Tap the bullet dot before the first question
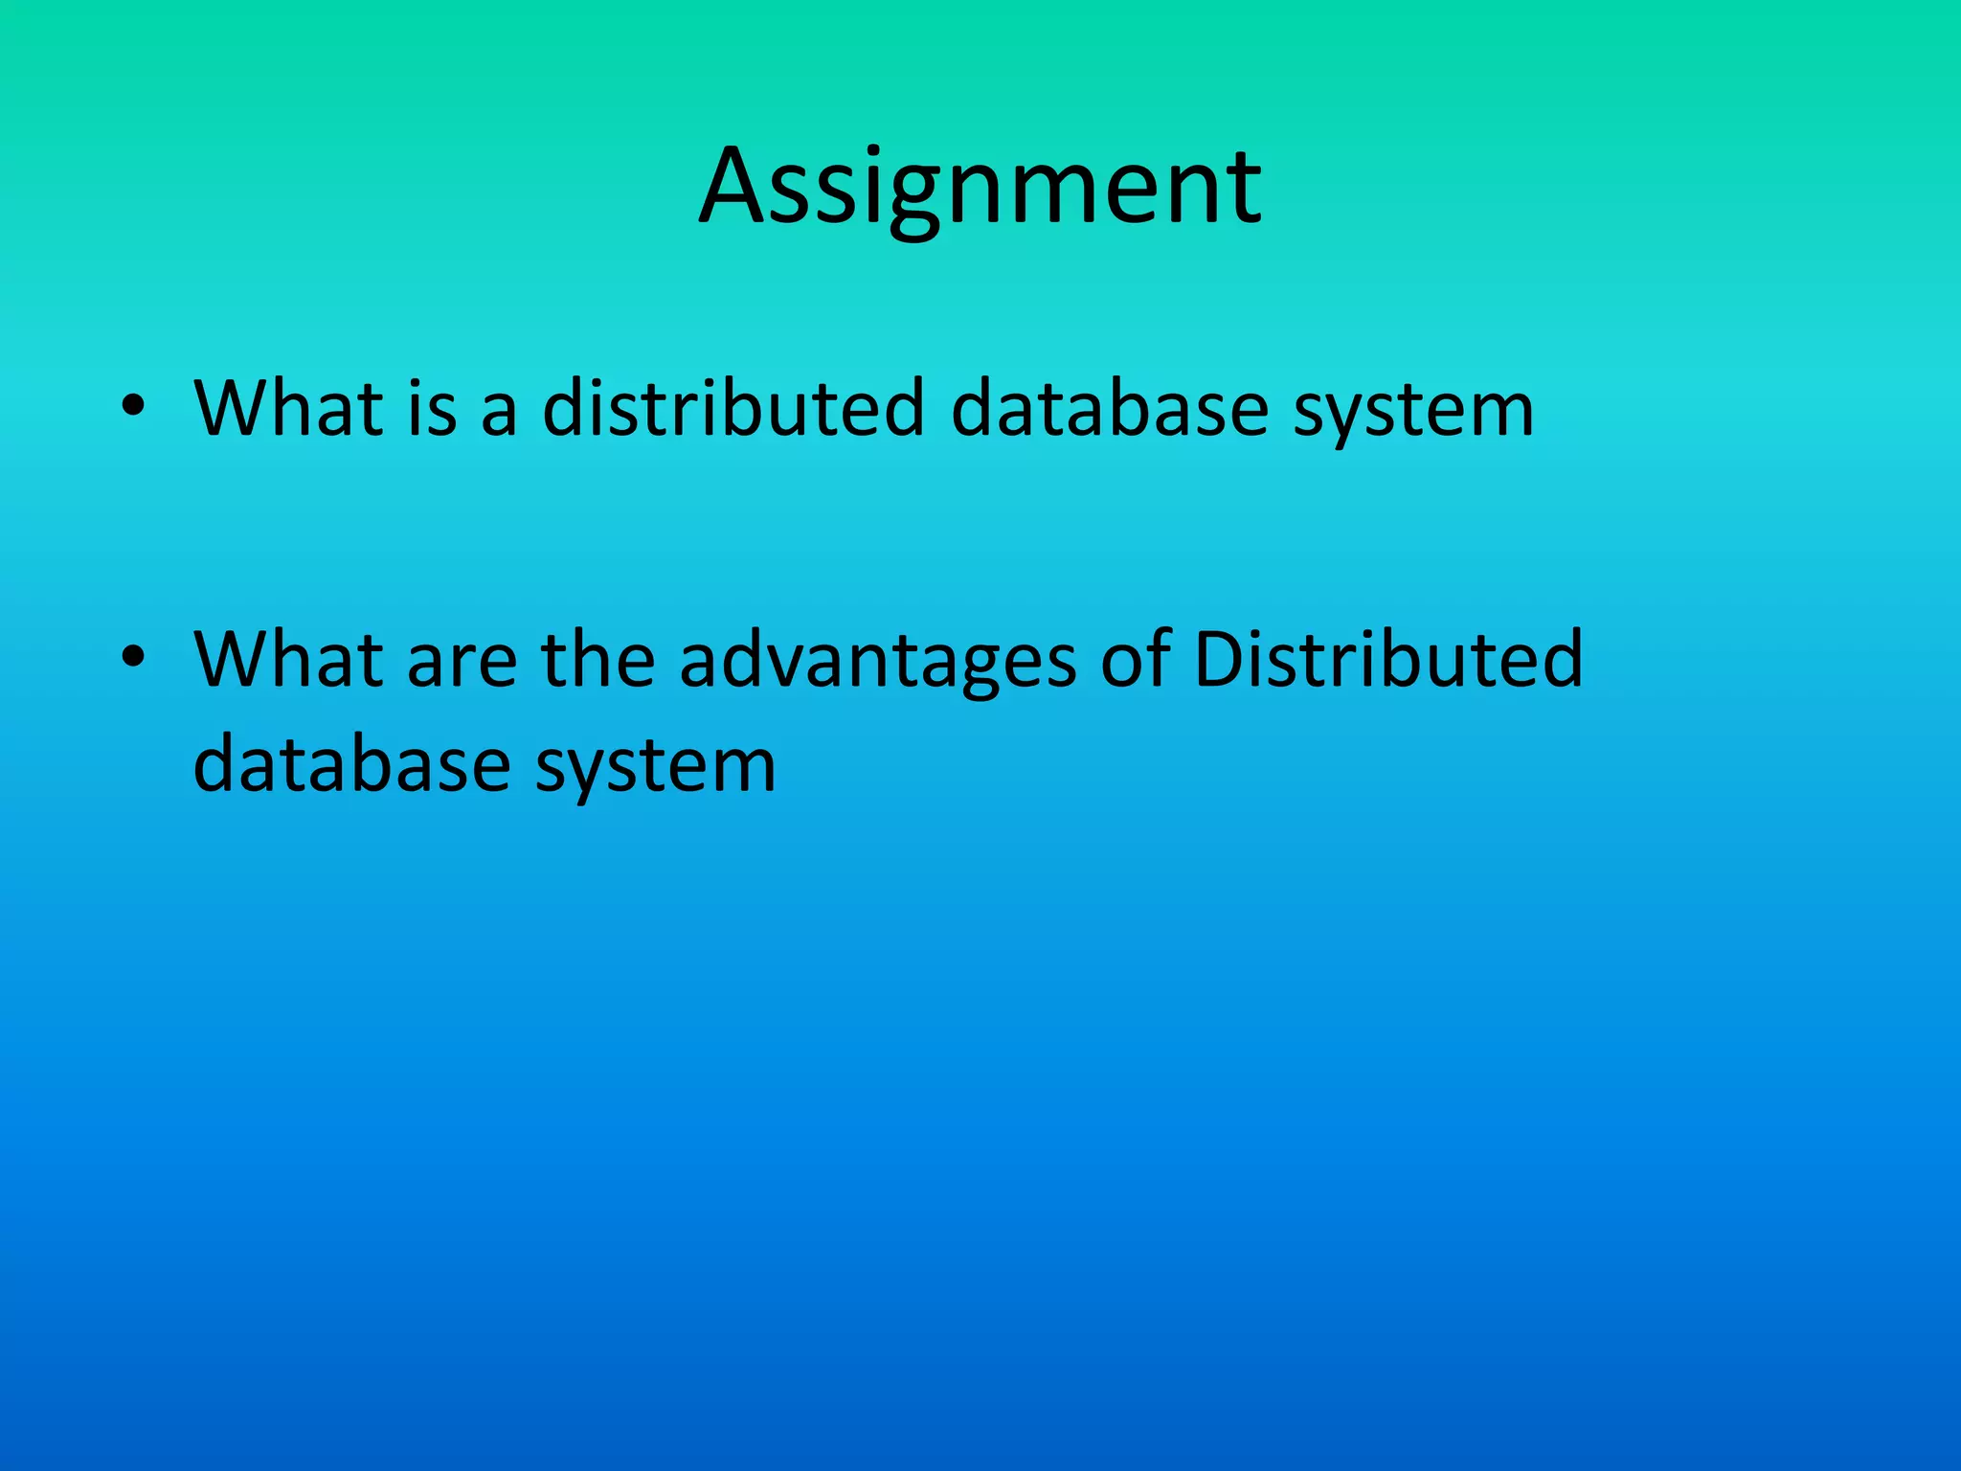133,406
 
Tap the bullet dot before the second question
133,657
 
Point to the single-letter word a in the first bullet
499,414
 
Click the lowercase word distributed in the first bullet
733,409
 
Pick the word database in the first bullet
1109,409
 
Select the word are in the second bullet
462,665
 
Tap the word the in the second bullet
597,660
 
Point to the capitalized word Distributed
1388,660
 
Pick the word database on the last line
351,765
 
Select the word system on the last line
655,771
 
